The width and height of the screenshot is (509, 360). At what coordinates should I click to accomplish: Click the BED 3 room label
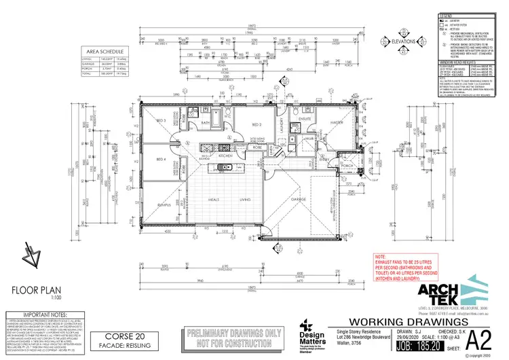click(x=162, y=120)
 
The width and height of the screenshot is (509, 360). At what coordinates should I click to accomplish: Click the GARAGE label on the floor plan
click(x=298, y=200)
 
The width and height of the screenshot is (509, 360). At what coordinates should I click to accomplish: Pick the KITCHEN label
click(x=226, y=155)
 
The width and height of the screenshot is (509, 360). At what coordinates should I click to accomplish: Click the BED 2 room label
click(x=257, y=125)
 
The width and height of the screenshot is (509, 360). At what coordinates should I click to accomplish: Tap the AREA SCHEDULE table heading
click(x=102, y=51)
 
